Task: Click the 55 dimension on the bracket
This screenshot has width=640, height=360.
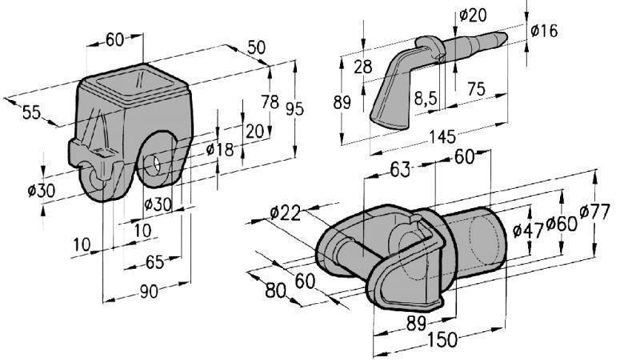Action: (x=30, y=113)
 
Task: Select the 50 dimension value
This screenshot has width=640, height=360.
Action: (x=256, y=48)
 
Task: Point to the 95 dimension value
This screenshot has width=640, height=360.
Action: (x=295, y=110)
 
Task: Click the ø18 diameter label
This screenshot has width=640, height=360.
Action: (x=219, y=149)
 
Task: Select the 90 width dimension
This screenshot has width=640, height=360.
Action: (x=148, y=292)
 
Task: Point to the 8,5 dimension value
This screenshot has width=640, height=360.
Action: (x=425, y=99)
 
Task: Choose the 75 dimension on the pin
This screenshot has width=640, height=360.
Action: (x=476, y=90)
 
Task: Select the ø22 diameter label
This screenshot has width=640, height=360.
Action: (x=285, y=213)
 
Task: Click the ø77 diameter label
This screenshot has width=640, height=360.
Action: (x=594, y=213)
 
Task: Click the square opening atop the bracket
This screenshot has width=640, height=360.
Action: (x=137, y=82)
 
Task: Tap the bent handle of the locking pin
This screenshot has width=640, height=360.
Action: (x=390, y=92)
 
